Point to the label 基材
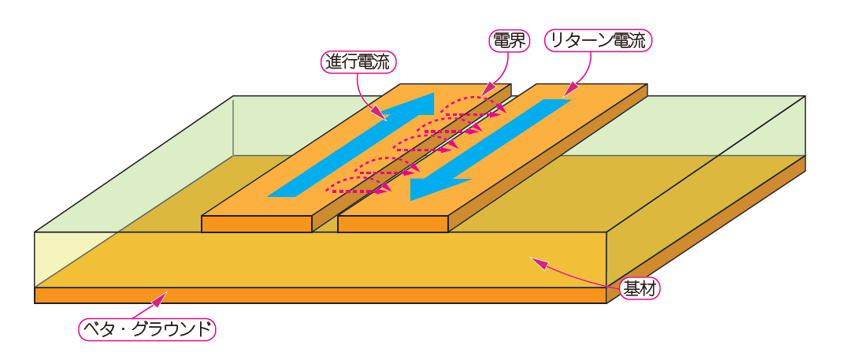point(640,289)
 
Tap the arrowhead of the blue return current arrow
point(425,188)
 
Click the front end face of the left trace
point(257,224)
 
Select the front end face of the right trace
point(393,224)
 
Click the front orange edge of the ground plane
point(315,295)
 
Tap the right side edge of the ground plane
point(709,228)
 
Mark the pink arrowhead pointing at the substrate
point(536,261)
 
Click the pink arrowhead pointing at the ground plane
point(162,297)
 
